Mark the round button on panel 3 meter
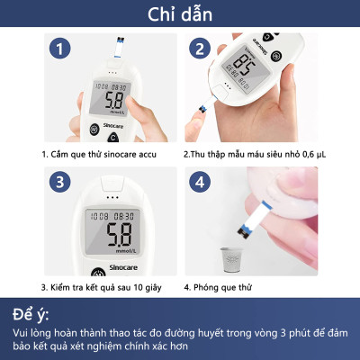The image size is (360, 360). click(94, 274)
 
